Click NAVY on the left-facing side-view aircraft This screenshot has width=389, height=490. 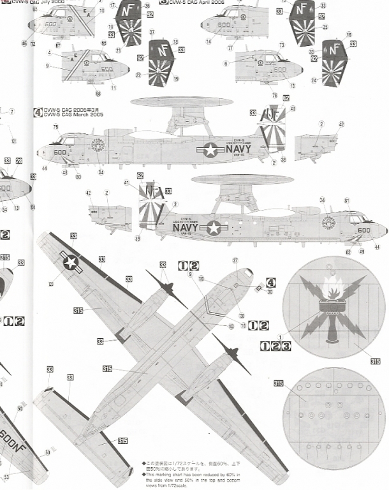pos(237,149)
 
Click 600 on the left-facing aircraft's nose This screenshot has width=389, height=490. pos(59,152)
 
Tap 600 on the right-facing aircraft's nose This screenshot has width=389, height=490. pos(364,230)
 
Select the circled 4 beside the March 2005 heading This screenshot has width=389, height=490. pos(38,112)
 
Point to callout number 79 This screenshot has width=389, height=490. pos(56,128)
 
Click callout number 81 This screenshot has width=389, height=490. pos(347,201)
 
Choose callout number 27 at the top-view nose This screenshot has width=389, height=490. pos(235,260)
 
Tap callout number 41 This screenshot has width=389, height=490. pos(126,184)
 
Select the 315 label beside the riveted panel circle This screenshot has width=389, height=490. pos(278,383)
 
